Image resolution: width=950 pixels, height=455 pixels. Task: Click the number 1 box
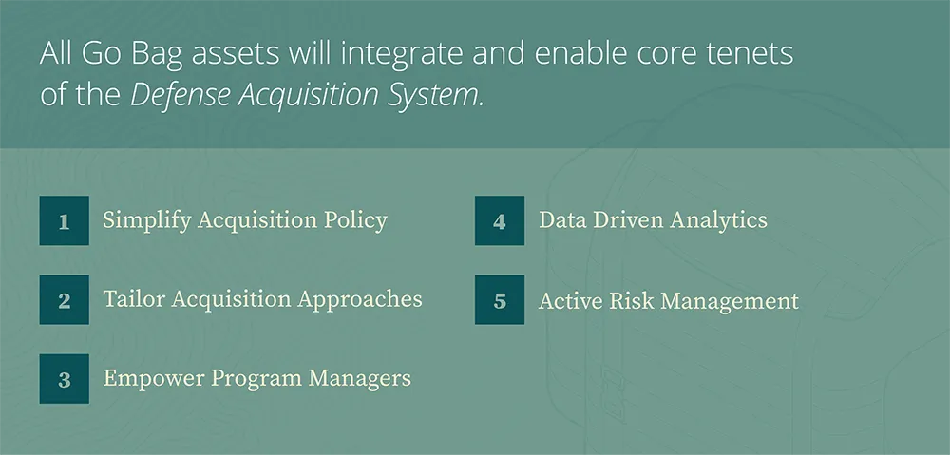[64, 221]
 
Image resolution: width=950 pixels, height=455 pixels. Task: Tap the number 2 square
[64, 300]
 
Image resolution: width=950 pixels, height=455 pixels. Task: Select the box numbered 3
[64, 379]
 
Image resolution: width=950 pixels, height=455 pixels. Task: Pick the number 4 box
[500, 221]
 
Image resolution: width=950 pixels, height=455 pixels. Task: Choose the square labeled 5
[500, 300]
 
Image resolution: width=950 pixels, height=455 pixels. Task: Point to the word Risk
[628, 301]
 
